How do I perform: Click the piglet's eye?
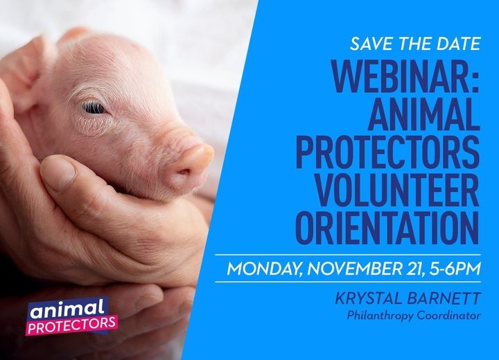coord(94,108)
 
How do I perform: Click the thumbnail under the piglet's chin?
coord(58,173)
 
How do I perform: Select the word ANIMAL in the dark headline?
coord(424,114)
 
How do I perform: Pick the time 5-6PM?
coord(455,268)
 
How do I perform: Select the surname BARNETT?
coord(444,298)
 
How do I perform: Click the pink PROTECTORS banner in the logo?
coord(72,325)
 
